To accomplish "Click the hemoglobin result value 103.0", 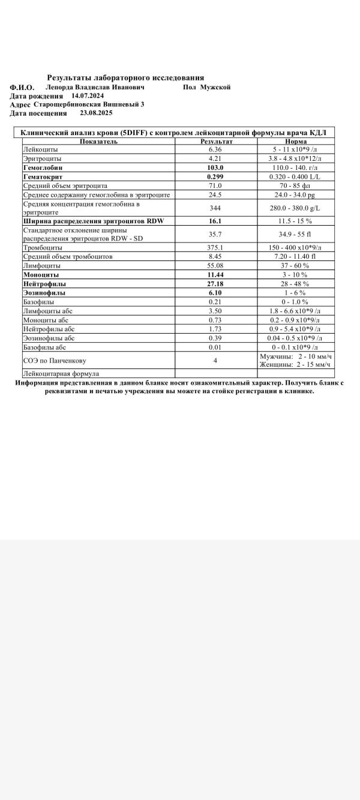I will point(215,168).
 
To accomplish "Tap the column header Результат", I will point(216,142).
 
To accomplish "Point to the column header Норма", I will point(296,142).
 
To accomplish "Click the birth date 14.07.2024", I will point(88,95).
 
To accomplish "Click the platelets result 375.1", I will point(215,247).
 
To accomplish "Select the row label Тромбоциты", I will point(41,247).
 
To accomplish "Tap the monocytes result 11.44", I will point(215,274).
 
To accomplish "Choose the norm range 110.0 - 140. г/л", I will point(296,168).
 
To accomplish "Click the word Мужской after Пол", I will point(215,87).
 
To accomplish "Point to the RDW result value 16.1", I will point(215,221).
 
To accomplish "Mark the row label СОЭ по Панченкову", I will point(54,360).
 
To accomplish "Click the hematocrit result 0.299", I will point(215,177).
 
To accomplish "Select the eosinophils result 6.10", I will point(215,292).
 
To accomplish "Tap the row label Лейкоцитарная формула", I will point(61,373).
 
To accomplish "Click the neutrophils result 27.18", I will point(215,283).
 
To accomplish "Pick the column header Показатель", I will point(98,142).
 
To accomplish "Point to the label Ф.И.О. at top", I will point(22,88).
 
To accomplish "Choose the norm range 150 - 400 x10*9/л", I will point(296,247).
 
